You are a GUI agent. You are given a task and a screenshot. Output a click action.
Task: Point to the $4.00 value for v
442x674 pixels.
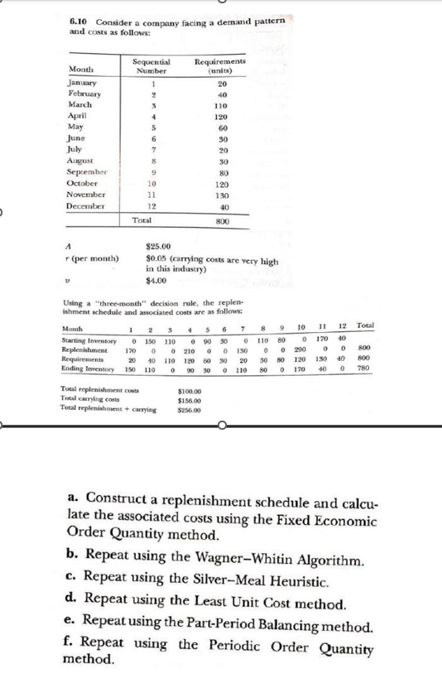tap(156, 279)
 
